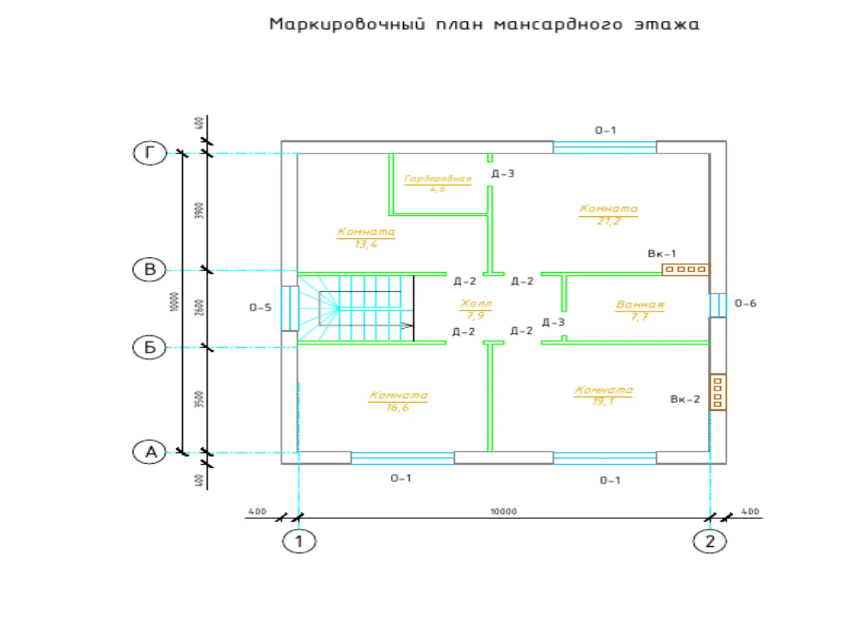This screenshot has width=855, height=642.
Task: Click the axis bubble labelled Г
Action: (x=150, y=153)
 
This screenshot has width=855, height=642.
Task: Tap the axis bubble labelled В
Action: (x=150, y=270)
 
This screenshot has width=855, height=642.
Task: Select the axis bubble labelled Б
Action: (x=150, y=347)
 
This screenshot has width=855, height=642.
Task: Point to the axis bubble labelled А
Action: (x=150, y=452)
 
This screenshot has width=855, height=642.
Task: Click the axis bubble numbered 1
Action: (x=299, y=542)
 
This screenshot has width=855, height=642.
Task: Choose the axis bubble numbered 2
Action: (x=710, y=542)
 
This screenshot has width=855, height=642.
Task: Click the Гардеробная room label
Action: (x=438, y=178)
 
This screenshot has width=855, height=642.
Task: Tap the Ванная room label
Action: (x=639, y=304)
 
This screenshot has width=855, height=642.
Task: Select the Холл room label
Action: (x=476, y=304)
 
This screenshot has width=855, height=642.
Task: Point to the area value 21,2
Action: (x=609, y=221)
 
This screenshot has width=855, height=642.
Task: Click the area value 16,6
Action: (x=397, y=408)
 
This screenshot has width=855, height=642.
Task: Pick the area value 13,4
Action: (x=366, y=244)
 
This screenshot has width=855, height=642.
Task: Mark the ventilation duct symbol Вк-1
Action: (x=686, y=269)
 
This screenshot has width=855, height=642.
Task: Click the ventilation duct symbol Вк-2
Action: (x=718, y=392)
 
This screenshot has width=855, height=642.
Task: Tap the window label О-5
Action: (x=260, y=307)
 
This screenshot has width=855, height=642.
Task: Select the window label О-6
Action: (x=745, y=303)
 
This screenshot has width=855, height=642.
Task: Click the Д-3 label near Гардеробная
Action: (x=502, y=174)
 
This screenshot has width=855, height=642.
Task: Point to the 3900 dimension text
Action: (x=200, y=210)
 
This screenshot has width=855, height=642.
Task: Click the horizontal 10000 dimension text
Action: (x=503, y=511)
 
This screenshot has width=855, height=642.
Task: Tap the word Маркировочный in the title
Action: (x=347, y=24)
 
